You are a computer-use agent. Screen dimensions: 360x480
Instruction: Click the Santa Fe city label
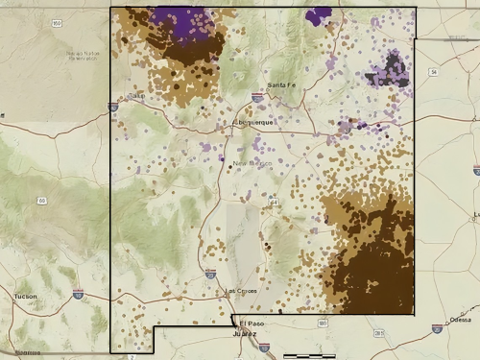[281, 85]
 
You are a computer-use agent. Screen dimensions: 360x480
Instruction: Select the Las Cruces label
[242, 290]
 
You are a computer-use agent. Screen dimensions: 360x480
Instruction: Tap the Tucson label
[26, 297]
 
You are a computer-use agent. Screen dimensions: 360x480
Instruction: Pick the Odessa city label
[460, 319]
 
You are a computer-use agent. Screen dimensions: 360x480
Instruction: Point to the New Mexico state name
[253, 163]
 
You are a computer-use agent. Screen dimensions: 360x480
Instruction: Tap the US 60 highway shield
[42, 200]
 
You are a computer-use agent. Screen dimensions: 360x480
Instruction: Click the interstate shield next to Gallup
[113, 108]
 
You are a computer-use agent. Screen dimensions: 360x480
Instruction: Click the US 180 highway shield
[323, 324]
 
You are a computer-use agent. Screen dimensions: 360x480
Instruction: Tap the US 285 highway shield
[378, 334]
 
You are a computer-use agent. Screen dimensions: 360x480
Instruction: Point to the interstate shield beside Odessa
[437, 328]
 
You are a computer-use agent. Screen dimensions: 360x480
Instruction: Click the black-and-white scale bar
[309, 356]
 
